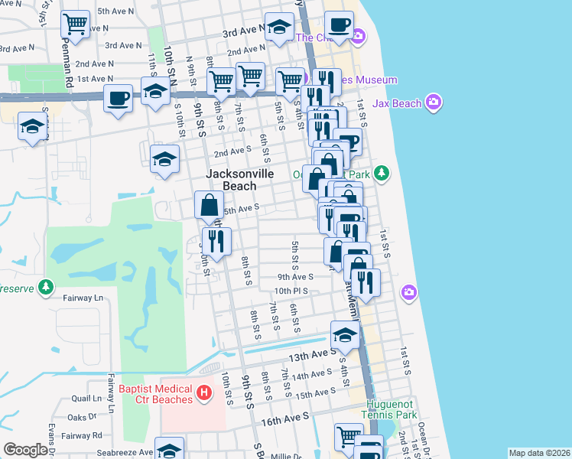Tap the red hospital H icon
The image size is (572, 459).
[203, 393]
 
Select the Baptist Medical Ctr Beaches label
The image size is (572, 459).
[156, 394]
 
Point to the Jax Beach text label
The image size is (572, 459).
[398, 102]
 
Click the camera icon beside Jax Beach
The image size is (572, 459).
[434, 102]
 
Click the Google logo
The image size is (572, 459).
[25, 450]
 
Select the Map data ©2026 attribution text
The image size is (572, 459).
[538, 453]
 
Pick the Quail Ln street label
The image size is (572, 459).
[86, 399]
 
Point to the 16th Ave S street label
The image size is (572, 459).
[284, 418]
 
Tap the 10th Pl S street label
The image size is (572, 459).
[291, 291]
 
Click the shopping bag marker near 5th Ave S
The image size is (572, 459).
[209, 205]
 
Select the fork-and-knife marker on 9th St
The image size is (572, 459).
[216, 242]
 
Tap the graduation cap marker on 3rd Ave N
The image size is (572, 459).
[279, 28]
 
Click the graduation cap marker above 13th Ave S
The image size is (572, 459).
[345, 334]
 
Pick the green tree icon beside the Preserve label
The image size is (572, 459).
[47, 287]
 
